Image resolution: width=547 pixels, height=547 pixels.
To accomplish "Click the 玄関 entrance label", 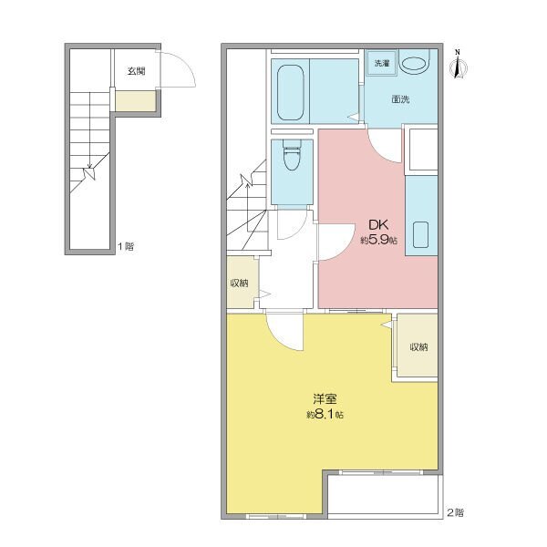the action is tap(136, 71).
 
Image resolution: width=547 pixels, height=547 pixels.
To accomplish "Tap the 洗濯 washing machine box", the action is tap(382, 63).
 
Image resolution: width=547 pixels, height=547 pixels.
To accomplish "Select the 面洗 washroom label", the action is tap(400, 99).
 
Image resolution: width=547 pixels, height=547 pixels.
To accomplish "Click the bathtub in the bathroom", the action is tap(290, 92).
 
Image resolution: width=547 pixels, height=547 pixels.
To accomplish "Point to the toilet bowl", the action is tap(292, 155).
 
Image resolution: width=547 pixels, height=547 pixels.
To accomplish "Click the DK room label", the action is tap(378, 224).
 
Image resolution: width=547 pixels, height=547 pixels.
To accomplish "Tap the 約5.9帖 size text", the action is tap(378, 240).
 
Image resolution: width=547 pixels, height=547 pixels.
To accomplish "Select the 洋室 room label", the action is tap(325, 398).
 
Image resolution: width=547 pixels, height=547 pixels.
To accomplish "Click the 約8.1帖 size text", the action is tap(325, 415).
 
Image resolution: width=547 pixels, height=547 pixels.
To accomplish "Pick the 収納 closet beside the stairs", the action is tap(243, 283).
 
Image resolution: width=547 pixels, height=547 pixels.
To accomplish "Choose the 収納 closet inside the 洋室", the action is tap(418, 346).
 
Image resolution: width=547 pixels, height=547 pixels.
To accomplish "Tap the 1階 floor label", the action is tap(126, 247).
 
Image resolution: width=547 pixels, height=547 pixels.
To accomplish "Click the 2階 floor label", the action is tap(456, 512).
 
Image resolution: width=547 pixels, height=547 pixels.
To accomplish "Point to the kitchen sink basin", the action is tap(420, 234).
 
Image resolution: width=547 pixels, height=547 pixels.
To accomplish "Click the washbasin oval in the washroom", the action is tap(414, 64).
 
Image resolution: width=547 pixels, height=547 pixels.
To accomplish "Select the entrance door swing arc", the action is tap(186, 63).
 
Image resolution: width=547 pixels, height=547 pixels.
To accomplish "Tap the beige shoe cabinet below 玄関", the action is tap(136, 101).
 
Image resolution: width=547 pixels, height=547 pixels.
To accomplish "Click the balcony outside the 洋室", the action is tap(383, 494).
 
